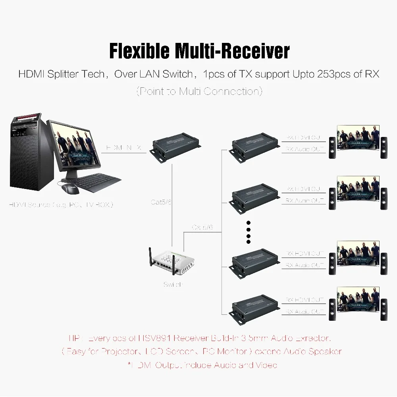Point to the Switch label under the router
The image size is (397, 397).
click(x=173, y=285)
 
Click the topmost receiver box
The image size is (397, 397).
click(x=254, y=146)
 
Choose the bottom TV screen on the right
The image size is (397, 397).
click(x=358, y=300)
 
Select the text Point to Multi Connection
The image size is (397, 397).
click(x=199, y=91)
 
